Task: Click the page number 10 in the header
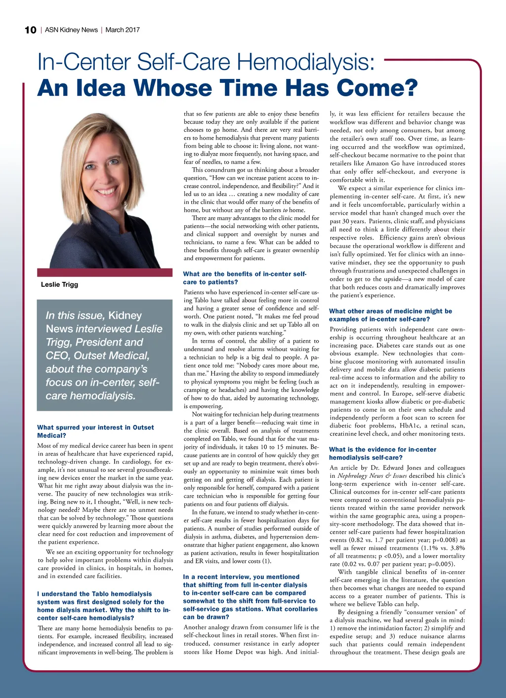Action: [30, 30]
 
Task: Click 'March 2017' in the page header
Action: [123, 30]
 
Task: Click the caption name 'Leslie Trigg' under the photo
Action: [59, 284]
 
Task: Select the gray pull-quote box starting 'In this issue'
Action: [104, 355]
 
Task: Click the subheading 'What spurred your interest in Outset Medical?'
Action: [95, 431]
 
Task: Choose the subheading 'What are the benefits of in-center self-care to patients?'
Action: [245, 278]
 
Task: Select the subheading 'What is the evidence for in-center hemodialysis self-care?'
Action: [382, 453]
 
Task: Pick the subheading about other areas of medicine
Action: [390, 315]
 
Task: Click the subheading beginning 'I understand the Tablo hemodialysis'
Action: [103, 606]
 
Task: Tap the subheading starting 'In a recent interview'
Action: [249, 592]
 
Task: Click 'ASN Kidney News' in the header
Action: [71, 30]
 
